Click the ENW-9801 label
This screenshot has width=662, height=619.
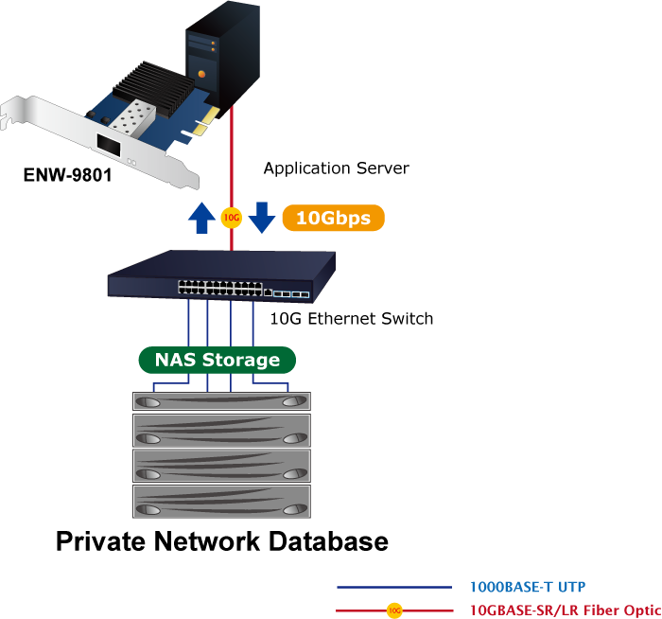(x=68, y=175)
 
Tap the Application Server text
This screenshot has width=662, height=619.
(x=336, y=168)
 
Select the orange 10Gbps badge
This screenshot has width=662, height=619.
(x=333, y=218)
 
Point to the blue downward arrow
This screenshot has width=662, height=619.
(x=261, y=217)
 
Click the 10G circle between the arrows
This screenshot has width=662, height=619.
(x=231, y=218)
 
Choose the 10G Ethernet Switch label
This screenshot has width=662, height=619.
(x=352, y=318)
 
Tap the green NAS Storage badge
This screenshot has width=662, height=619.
(x=218, y=360)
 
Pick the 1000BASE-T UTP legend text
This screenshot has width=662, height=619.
(x=534, y=587)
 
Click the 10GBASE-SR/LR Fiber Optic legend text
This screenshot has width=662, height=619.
(x=565, y=610)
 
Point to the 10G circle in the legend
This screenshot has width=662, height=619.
(x=395, y=610)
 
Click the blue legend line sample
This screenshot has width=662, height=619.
(x=394, y=588)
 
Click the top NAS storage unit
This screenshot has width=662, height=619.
(x=222, y=400)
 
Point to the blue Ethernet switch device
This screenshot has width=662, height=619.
(x=222, y=274)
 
